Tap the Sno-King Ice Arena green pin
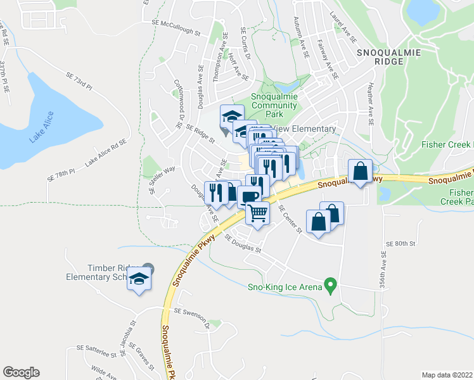pos(330,286)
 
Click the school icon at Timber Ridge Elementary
pos(139,279)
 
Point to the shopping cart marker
pos(257,213)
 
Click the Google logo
pos(21,372)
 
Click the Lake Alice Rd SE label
pos(106,153)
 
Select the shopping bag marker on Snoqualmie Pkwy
pos(360,171)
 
